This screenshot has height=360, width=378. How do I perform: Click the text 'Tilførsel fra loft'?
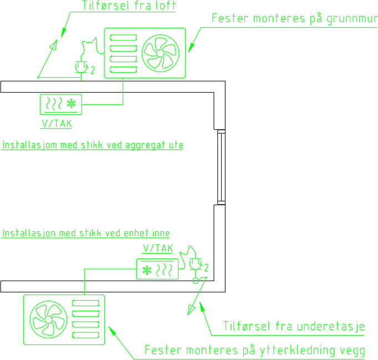(129, 6)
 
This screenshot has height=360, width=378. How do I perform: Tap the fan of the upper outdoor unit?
(160, 52)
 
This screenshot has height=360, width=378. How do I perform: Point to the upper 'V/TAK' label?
(56, 123)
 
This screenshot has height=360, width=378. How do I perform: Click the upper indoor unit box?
(62, 103)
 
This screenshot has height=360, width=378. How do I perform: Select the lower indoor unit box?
(157, 269)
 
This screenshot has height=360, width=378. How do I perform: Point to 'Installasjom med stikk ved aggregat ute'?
(93, 145)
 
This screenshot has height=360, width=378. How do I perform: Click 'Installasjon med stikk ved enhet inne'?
(86, 233)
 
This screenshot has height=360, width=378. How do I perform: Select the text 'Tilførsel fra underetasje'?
(293, 326)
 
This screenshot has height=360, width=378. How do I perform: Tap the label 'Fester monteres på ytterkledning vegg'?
(254, 351)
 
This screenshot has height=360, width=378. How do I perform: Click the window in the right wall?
(221, 166)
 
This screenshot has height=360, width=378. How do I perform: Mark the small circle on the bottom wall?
(195, 281)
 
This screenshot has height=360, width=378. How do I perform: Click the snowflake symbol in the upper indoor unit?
(71, 103)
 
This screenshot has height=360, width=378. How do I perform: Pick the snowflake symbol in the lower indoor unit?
(147, 270)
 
